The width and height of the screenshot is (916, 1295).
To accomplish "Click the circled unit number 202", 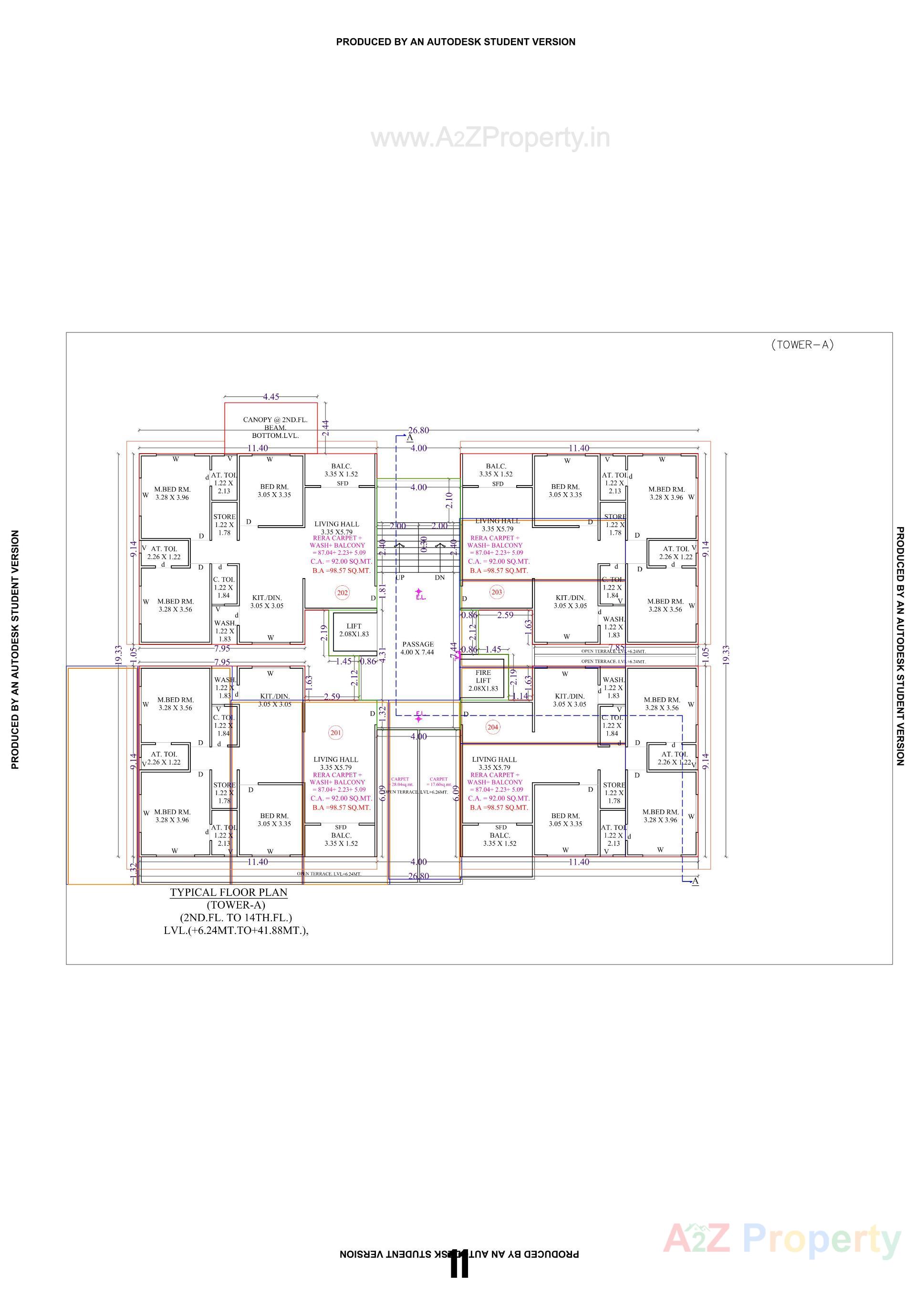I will [343, 593].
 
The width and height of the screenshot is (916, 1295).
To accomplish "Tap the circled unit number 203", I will [496, 592].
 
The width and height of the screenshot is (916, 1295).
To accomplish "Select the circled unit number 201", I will [335, 733].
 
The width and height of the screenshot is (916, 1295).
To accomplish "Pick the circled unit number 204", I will [492, 727].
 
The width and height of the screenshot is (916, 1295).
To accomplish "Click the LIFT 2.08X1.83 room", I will [354, 630].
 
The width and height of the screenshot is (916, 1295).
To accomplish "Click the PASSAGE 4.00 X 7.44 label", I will [417, 648].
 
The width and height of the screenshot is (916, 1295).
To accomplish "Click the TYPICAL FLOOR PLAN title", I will [229, 892].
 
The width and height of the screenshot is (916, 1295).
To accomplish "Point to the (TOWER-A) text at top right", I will [802, 345].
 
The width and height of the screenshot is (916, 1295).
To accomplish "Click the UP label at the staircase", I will [400, 578].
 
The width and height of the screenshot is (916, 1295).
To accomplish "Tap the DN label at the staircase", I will [440, 578].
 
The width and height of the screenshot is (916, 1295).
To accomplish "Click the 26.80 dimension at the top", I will [418, 430].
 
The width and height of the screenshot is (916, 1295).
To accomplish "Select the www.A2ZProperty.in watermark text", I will [490, 138].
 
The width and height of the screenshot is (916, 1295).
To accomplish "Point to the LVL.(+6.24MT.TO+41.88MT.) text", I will [236, 931].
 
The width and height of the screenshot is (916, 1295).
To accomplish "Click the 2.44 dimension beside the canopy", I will [325, 427].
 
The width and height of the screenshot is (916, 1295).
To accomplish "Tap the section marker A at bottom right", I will [696, 881].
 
